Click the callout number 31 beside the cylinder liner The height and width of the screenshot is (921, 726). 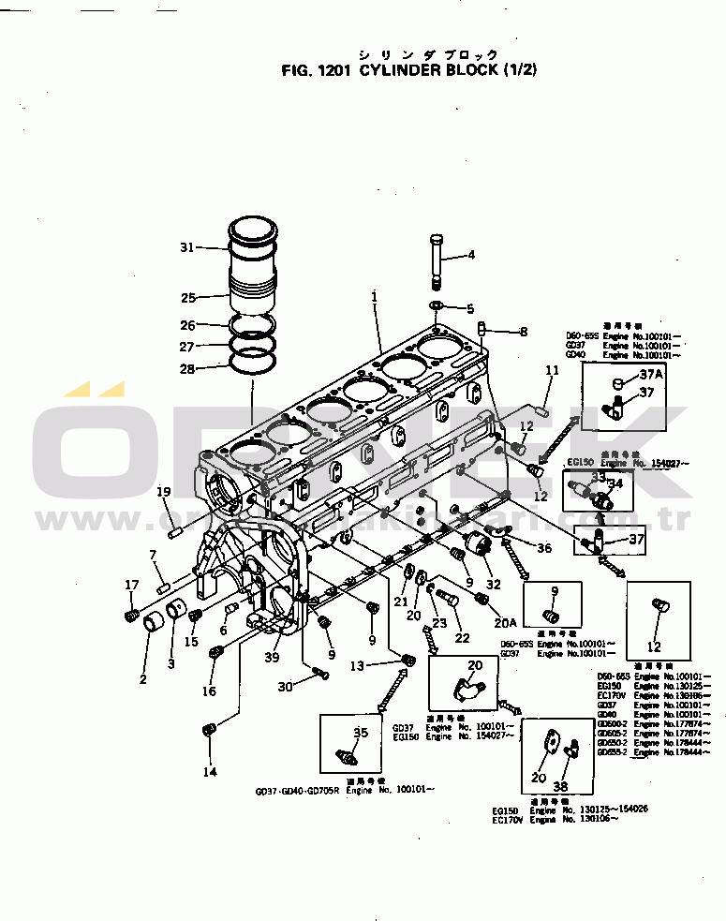tap(186, 247)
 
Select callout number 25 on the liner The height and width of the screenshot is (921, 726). tap(188, 298)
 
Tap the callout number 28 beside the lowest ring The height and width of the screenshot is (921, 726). tap(187, 368)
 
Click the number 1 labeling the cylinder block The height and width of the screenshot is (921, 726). tap(373, 297)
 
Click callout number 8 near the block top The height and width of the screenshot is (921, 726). tap(524, 332)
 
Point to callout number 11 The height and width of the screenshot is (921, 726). tap(552, 371)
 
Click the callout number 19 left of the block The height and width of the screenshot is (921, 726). tap(164, 493)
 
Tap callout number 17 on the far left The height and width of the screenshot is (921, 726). tap(131, 586)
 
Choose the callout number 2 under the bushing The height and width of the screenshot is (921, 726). tap(143, 679)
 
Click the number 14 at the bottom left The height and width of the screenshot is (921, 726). tap(209, 772)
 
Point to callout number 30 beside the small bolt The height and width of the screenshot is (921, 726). tap(285, 686)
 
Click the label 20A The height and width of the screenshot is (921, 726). tap(506, 621)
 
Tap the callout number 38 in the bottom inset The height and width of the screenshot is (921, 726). tap(560, 787)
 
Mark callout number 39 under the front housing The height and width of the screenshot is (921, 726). tap(272, 658)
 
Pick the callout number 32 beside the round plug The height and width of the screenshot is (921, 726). tap(494, 584)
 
